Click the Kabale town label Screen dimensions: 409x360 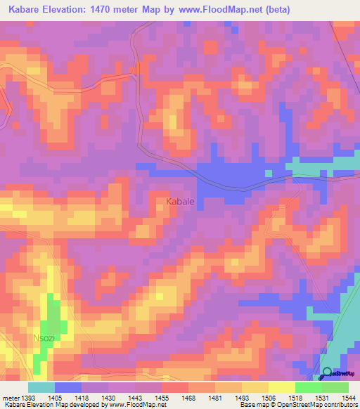tap(180, 202)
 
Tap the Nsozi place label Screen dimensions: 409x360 tap(44, 339)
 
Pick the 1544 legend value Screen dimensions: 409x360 tap(348, 398)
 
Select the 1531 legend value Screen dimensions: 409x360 tap(321, 398)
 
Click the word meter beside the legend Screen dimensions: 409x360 tap(9, 398)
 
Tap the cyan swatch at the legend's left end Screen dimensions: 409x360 tap(41, 387)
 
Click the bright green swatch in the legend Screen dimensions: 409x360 tap(308, 387)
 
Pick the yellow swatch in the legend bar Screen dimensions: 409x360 tap(281, 387)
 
